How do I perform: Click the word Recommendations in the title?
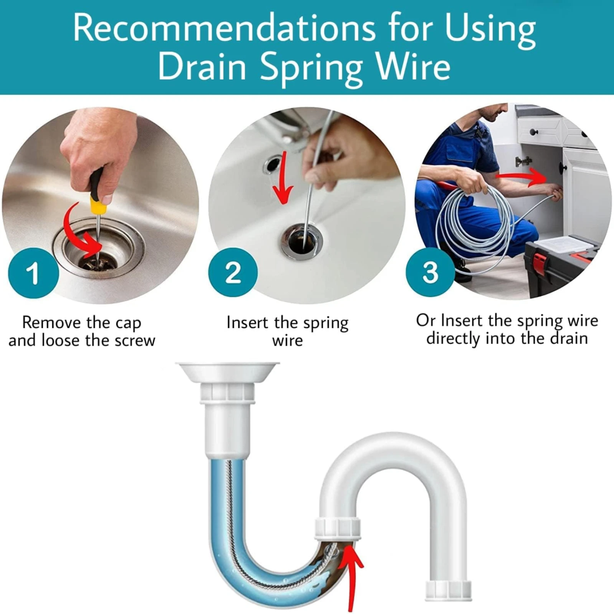(x=224, y=30)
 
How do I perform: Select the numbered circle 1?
(x=33, y=273)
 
